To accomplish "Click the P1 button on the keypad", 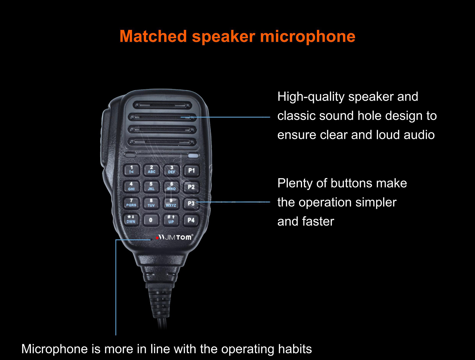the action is click(x=191, y=171).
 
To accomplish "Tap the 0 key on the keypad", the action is click(x=151, y=220).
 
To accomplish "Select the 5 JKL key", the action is click(x=151, y=186).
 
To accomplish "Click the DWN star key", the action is click(x=131, y=219).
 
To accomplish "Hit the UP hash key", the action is click(x=171, y=219).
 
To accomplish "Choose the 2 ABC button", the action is click(x=152, y=170).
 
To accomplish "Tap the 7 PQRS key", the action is click(x=131, y=203).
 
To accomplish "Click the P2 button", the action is click(x=191, y=187).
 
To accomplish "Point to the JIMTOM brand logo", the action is click(x=175, y=237).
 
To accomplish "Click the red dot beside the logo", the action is click(x=157, y=238).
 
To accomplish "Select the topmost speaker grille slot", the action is click(x=162, y=105).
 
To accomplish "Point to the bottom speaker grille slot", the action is click(x=162, y=142).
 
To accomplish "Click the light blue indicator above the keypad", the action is click(x=193, y=156).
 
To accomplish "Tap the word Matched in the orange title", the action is click(x=153, y=36).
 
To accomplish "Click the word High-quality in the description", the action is click(x=311, y=96).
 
